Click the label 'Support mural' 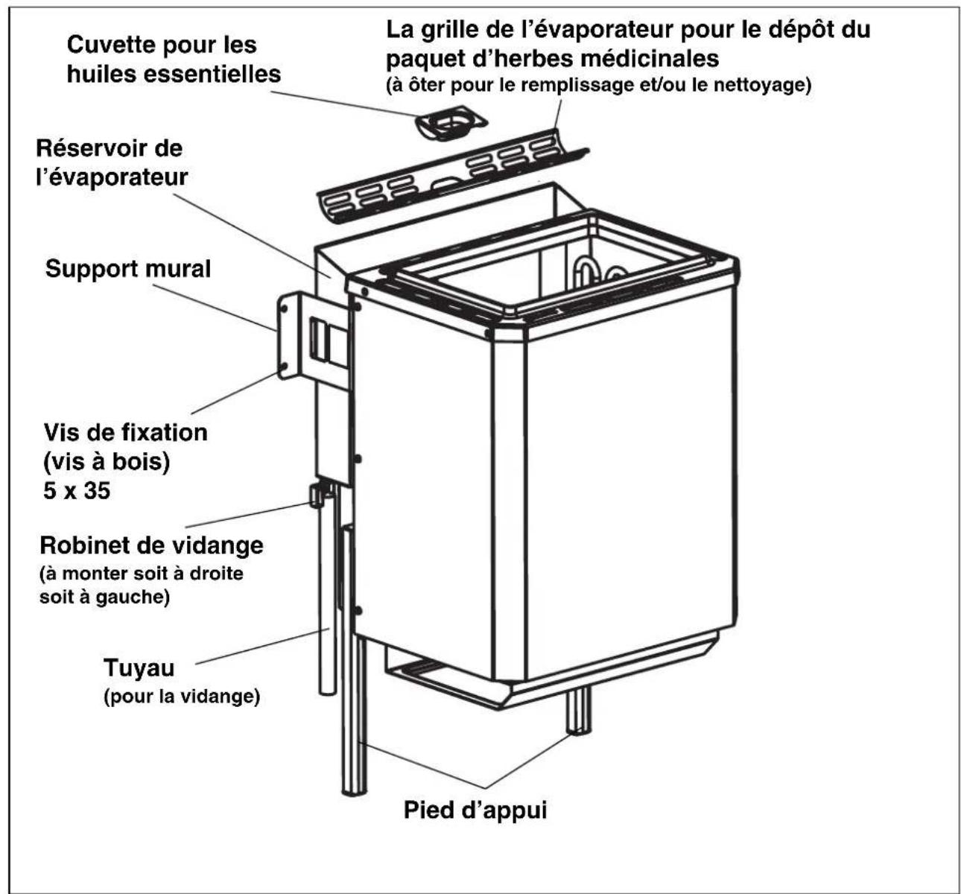pyautogui.click(x=127, y=269)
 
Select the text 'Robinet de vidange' pyautogui.click(x=151, y=545)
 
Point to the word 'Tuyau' pyautogui.click(x=139, y=668)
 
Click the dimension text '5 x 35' pyautogui.click(x=77, y=491)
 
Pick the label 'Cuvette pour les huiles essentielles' pyautogui.click(x=174, y=59)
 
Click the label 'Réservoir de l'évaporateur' pyautogui.click(x=112, y=162)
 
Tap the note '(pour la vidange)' pyautogui.click(x=182, y=697)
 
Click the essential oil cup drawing pyautogui.click(x=451, y=123)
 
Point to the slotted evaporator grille pyautogui.click(x=452, y=176)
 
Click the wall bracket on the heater pyautogui.click(x=312, y=335)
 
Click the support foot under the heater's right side pyautogui.click(x=579, y=710)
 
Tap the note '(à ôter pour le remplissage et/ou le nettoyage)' pyautogui.click(x=598, y=86)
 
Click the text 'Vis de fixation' pyautogui.click(x=125, y=432)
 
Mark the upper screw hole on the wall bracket pyautogui.click(x=285, y=308)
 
